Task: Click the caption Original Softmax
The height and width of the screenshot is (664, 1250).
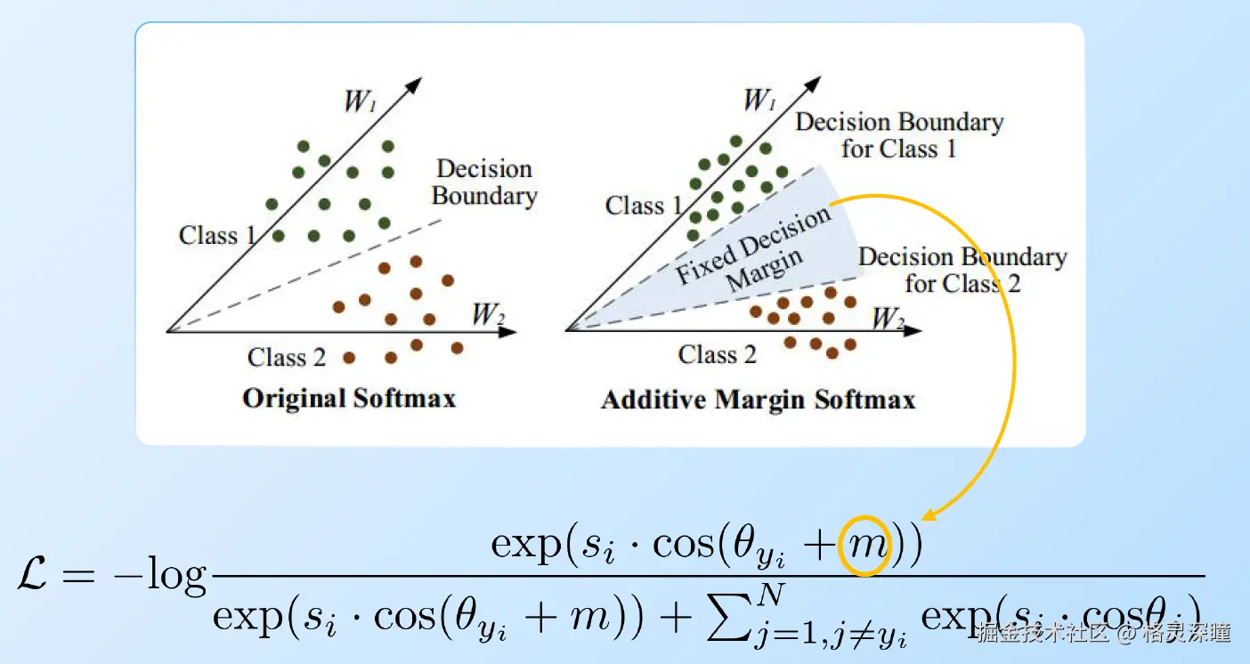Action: [x=348, y=397]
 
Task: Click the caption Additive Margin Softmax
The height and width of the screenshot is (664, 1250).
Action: [x=758, y=399]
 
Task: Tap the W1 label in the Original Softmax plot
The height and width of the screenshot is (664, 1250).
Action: [x=359, y=101]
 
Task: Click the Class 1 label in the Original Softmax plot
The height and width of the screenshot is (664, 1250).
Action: [x=217, y=235]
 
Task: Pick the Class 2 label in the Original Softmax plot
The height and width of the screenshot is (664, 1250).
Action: [x=287, y=358]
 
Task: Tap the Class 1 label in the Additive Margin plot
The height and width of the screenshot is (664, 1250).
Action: [x=644, y=206]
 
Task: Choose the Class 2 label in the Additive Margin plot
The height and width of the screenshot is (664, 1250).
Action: [x=717, y=355]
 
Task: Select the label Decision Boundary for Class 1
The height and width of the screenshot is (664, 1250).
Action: [x=899, y=135]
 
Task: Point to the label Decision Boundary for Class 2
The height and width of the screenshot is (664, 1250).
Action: [x=962, y=271]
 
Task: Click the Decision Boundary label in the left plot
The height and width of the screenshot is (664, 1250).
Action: [x=484, y=182]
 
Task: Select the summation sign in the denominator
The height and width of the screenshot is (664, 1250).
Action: [x=727, y=613]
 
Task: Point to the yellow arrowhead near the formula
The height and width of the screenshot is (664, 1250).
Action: [x=928, y=514]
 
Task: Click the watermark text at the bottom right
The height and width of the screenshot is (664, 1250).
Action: [x=1103, y=633]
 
